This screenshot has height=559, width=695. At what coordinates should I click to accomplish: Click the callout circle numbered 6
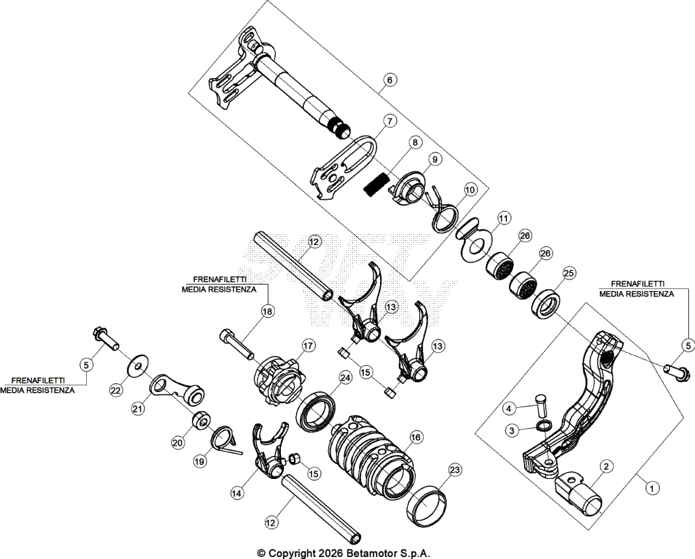(389, 80)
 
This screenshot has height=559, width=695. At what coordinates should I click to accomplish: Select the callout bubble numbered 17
(308, 345)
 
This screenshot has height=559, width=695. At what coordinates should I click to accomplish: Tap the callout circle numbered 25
(569, 273)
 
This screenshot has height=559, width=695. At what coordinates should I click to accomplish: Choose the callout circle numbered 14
(238, 493)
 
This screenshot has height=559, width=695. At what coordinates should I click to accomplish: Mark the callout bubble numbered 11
(504, 218)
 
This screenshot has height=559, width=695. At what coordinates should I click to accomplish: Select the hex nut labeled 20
(201, 421)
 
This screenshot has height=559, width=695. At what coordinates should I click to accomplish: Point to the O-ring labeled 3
(544, 425)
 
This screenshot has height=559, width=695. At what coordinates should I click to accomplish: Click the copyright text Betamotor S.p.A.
(388, 554)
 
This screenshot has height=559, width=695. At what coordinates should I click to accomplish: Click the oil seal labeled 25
(546, 305)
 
